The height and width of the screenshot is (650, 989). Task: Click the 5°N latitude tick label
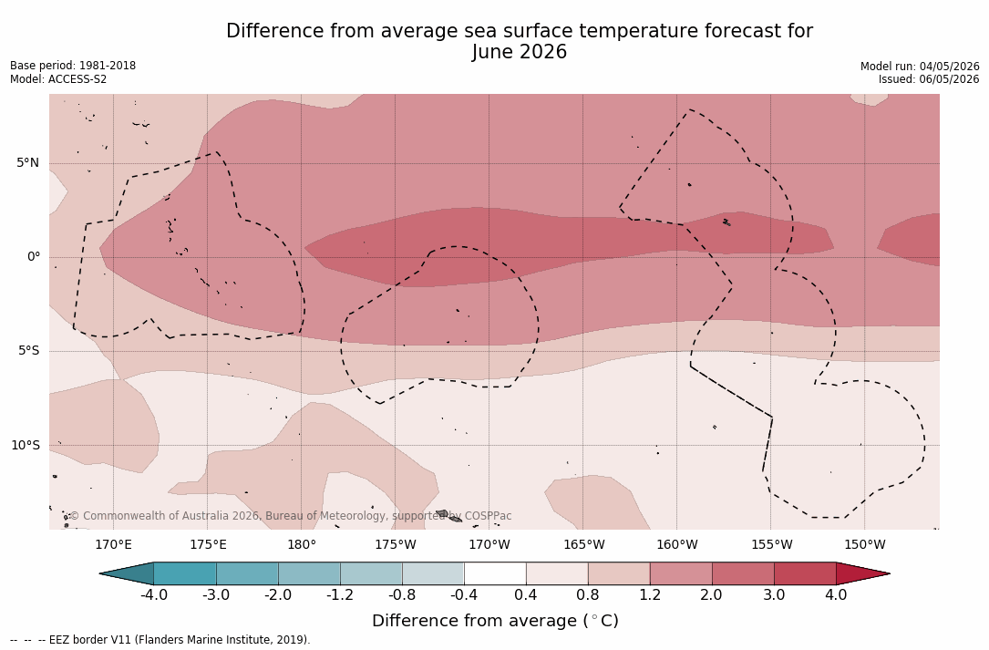coord(27,163)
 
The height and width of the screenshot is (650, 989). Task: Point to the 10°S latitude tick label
coord(26,446)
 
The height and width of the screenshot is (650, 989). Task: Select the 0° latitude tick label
coord(34,257)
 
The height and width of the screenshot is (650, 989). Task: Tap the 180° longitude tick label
coord(302,544)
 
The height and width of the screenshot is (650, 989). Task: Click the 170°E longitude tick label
coord(114,544)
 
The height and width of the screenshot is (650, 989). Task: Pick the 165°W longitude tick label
coord(584,544)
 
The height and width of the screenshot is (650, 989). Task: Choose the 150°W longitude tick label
coord(865,544)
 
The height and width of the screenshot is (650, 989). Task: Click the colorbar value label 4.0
coord(836,595)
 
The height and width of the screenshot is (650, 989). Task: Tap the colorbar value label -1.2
coord(339,595)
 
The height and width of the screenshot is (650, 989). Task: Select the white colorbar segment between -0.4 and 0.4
coord(495,573)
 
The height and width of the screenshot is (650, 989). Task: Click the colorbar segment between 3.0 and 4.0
coord(805,573)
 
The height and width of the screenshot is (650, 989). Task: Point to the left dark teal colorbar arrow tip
coord(100,573)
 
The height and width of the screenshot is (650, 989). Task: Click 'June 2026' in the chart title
coord(519,52)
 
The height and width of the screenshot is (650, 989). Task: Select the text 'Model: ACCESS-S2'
coord(58,79)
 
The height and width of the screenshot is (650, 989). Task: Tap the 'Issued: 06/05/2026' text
coord(929,79)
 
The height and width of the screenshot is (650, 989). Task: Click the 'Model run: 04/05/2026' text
coord(920,67)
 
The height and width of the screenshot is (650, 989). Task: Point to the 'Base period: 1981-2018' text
coord(73,66)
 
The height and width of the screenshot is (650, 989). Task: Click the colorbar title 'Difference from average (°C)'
coord(495,621)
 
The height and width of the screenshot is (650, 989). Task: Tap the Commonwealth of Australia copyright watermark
coord(290,516)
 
